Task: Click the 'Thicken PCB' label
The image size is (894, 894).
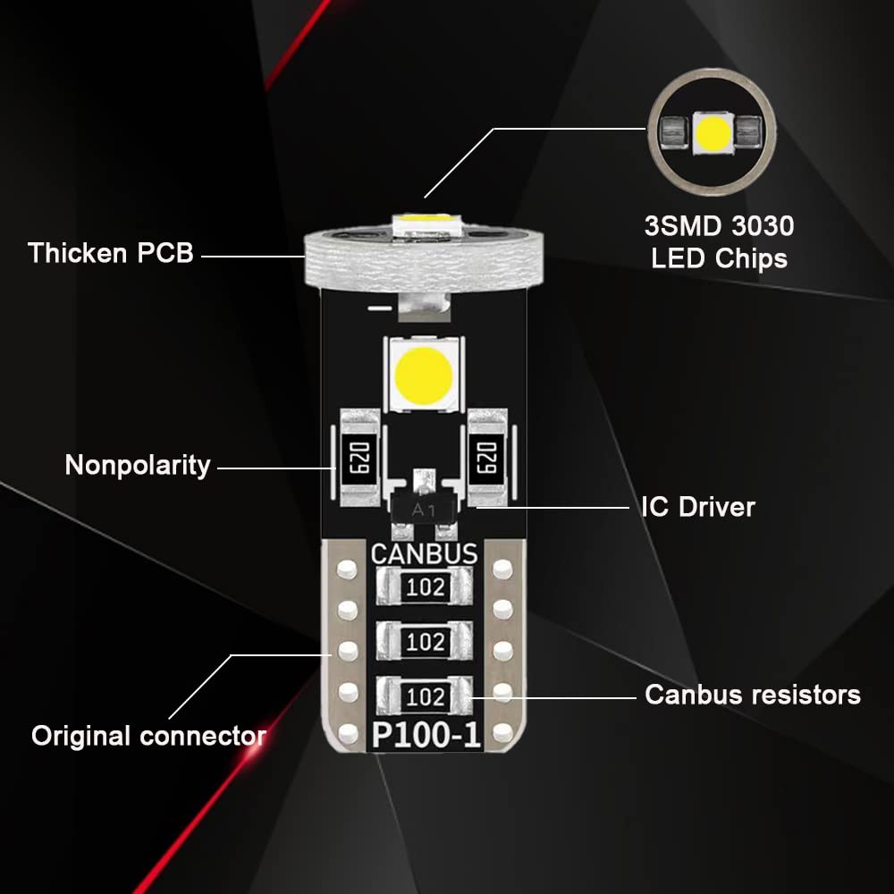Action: (111, 252)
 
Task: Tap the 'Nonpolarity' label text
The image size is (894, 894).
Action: (138, 465)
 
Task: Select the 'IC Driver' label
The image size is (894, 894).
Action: (698, 507)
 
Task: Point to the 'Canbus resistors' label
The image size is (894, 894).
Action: (753, 695)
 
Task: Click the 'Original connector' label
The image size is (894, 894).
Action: (148, 736)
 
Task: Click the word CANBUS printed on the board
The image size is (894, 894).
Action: (424, 553)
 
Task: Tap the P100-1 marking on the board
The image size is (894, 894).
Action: (426, 737)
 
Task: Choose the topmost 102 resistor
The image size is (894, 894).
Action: (426, 587)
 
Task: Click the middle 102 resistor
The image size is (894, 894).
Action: (426, 641)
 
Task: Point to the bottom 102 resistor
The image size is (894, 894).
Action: (426, 696)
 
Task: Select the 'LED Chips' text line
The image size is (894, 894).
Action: (720, 259)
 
